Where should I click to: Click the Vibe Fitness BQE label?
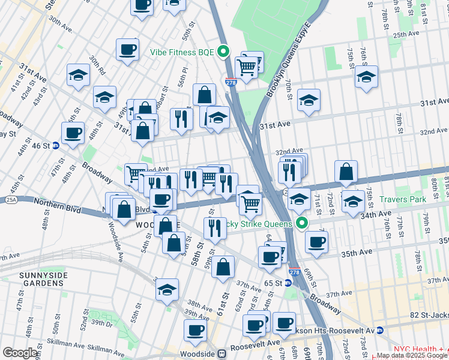(181, 52)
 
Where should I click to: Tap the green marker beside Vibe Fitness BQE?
(223, 52)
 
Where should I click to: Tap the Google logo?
(20, 353)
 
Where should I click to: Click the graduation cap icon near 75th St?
(366, 77)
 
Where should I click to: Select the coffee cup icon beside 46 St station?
(73, 133)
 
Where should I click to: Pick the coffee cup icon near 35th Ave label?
(316, 241)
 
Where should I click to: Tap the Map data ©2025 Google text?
(411, 356)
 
